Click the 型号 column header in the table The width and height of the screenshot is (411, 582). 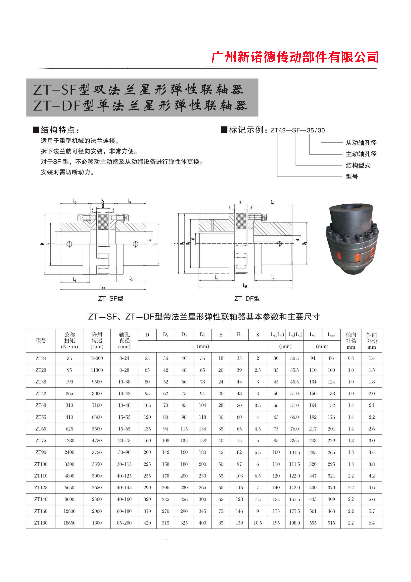tap(41, 340)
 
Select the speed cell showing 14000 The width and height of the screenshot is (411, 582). tap(97, 358)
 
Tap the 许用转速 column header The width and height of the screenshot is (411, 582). tap(97, 340)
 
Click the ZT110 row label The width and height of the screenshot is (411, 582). tap(41, 476)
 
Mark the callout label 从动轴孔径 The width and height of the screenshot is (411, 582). tap(361, 143)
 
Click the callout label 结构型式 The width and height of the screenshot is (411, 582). tap(358, 166)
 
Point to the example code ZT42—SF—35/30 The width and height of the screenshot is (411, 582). tap(297, 130)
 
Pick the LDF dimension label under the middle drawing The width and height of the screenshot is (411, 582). tap(245, 286)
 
